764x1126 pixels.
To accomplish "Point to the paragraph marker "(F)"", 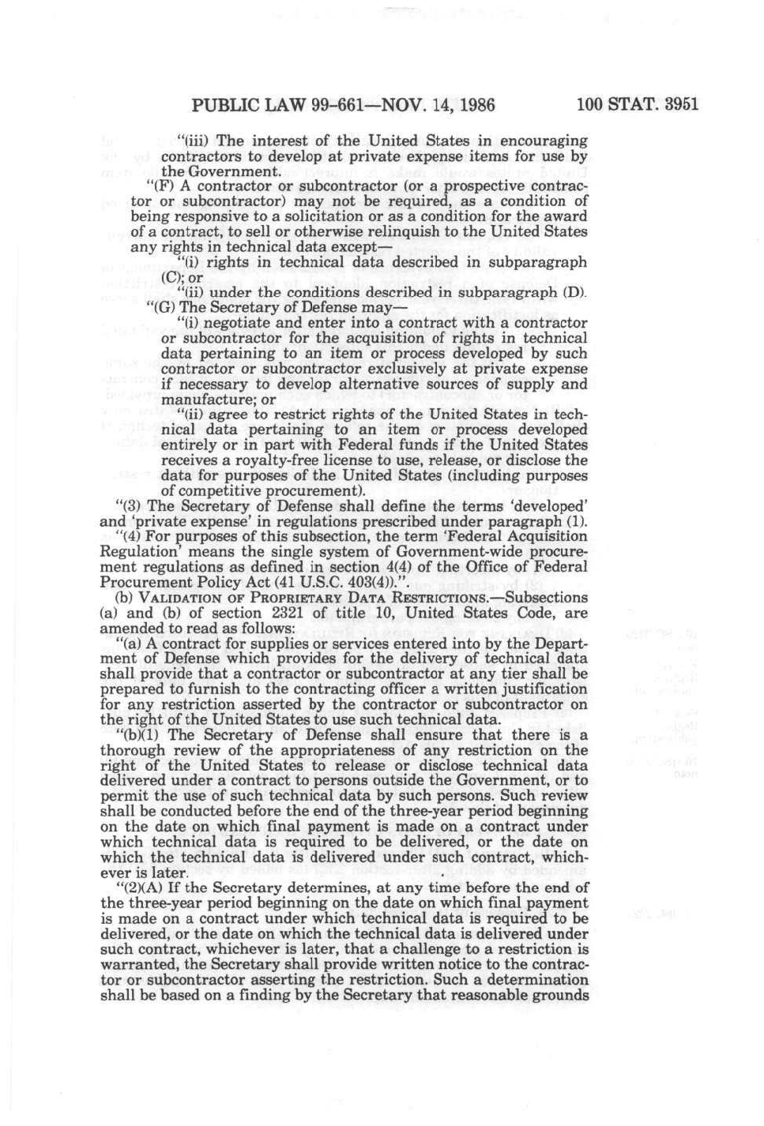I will click(x=164, y=186).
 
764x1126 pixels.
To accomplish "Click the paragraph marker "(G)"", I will click(x=164, y=308).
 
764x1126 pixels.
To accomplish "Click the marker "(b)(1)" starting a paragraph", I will click(x=138, y=735).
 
